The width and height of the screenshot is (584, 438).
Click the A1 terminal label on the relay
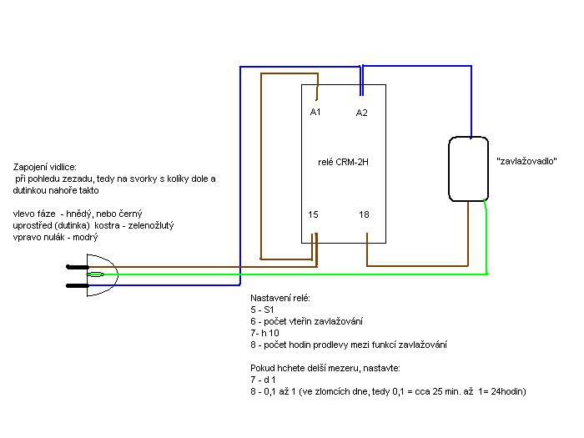coord(315,112)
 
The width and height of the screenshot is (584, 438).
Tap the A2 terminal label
coord(361,113)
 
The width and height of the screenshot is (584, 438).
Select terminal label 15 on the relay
coord(313,214)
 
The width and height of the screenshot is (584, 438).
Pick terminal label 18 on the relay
coord(364,214)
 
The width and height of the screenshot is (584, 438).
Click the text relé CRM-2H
coord(343,162)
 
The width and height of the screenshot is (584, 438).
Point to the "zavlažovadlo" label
coord(526,161)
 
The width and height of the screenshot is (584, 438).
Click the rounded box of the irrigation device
coord(449,169)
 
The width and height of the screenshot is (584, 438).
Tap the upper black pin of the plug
coord(78,267)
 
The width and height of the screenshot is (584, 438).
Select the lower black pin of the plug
coord(78,285)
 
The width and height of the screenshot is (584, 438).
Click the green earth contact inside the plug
coord(95,274)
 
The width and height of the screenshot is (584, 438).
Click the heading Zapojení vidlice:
coord(45,167)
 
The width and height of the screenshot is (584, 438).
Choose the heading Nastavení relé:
coord(280,298)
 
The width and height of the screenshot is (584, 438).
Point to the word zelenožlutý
coord(151,225)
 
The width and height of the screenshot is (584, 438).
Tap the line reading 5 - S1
coord(262,310)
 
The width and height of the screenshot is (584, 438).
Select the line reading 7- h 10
coord(264,333)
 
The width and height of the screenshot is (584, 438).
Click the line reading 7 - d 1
coord(263,380)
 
